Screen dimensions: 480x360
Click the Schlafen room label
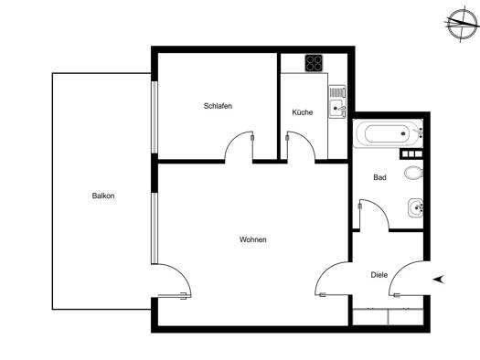point(218,106)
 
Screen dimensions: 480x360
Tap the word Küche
point(302,112)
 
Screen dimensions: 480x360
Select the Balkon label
point(103,196)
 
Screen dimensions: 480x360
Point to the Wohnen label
point(253,239)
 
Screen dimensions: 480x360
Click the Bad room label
point(379,177)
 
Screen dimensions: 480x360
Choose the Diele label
point(379,275)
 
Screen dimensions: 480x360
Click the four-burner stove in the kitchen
point(314,63)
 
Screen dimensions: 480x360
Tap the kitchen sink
point(337,101)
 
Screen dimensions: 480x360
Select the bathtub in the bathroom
point(388,133)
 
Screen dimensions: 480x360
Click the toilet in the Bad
point(413,173)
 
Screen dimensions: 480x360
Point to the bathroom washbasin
point(416,208)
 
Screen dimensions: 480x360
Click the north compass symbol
point(463,25)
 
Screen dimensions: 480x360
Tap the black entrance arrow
point(438,280)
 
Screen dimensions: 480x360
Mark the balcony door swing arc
point(181,272)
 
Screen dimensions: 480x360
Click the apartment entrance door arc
point(399,271)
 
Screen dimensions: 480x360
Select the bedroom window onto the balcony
point(155,117)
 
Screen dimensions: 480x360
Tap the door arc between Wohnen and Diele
point(325,271)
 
